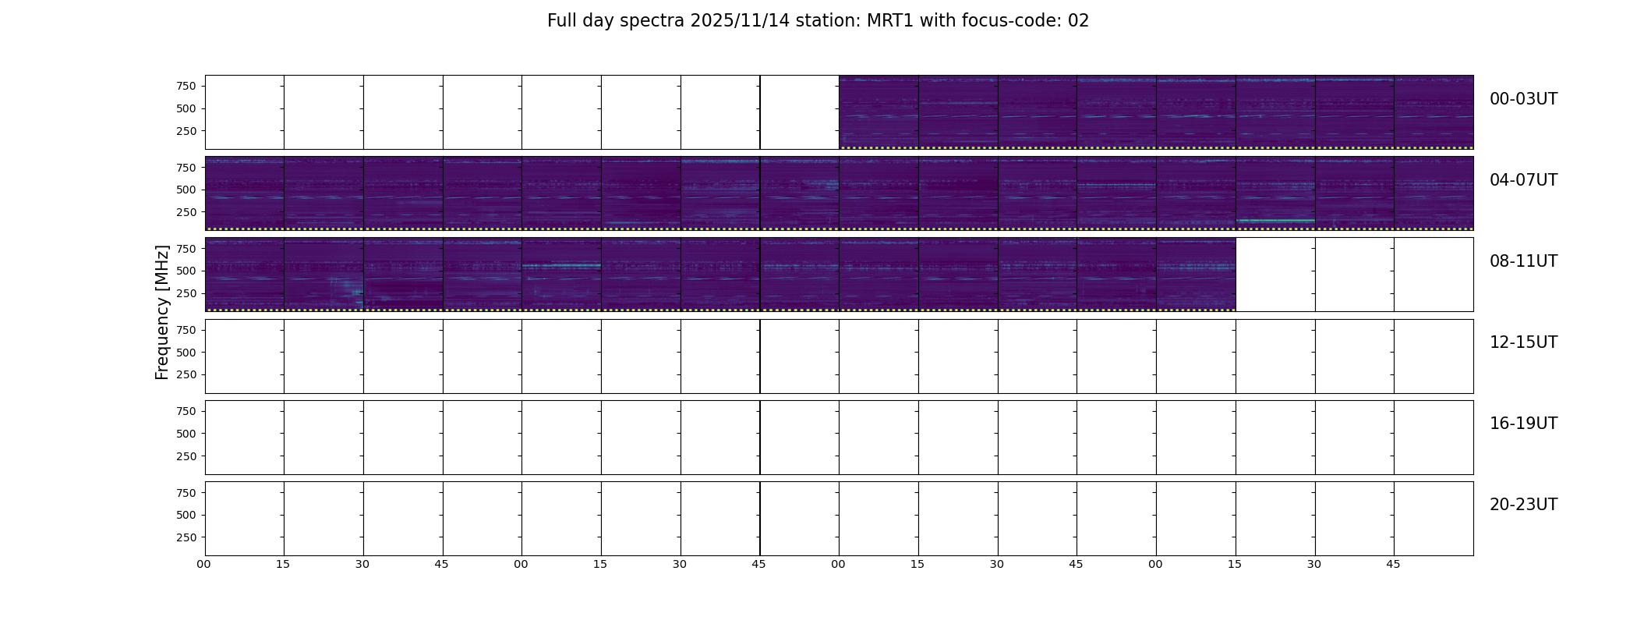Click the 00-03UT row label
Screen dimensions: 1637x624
point(1523,99)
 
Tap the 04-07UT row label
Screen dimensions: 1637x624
point(1523,180)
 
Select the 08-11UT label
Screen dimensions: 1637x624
point(1523,261)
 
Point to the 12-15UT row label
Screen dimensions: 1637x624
point(1523,342)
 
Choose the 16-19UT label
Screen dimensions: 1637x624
point(1523,424)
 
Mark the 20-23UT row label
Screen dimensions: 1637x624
point(1523,505)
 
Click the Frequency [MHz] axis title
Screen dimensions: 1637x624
point(162,312)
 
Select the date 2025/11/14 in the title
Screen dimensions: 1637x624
point(740,21)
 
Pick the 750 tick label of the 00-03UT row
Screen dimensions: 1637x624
point(186,86)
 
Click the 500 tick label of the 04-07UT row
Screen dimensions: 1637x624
point(186,190)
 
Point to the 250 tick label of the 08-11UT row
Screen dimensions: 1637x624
point(186,293)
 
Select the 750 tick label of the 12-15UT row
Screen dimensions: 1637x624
point(186,330)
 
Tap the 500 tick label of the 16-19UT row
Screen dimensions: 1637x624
point(186,434)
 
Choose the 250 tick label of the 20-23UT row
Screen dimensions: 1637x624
point(186,537)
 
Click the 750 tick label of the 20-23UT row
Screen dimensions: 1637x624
point(186,493)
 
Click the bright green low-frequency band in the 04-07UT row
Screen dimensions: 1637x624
point(1275,221)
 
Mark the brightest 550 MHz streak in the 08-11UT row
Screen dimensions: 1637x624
point(561,266)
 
